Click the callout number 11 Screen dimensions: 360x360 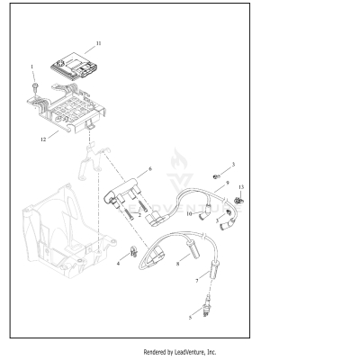tap(99, 43)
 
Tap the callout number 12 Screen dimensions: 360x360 tap(43, 139)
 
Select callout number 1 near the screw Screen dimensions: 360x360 tap(32, 67)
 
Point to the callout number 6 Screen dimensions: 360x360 tap(150, 168)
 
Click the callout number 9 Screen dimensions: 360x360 tap(228, 183)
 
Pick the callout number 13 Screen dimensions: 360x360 tap(240, 186)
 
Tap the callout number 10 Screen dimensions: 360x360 tap(190, 213)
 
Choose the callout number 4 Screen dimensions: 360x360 tap(118, 263)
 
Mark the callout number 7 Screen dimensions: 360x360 tap(197, 281)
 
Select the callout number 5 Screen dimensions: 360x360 tap(190, 317)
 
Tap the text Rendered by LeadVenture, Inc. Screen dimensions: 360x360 tap(180, 352)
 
